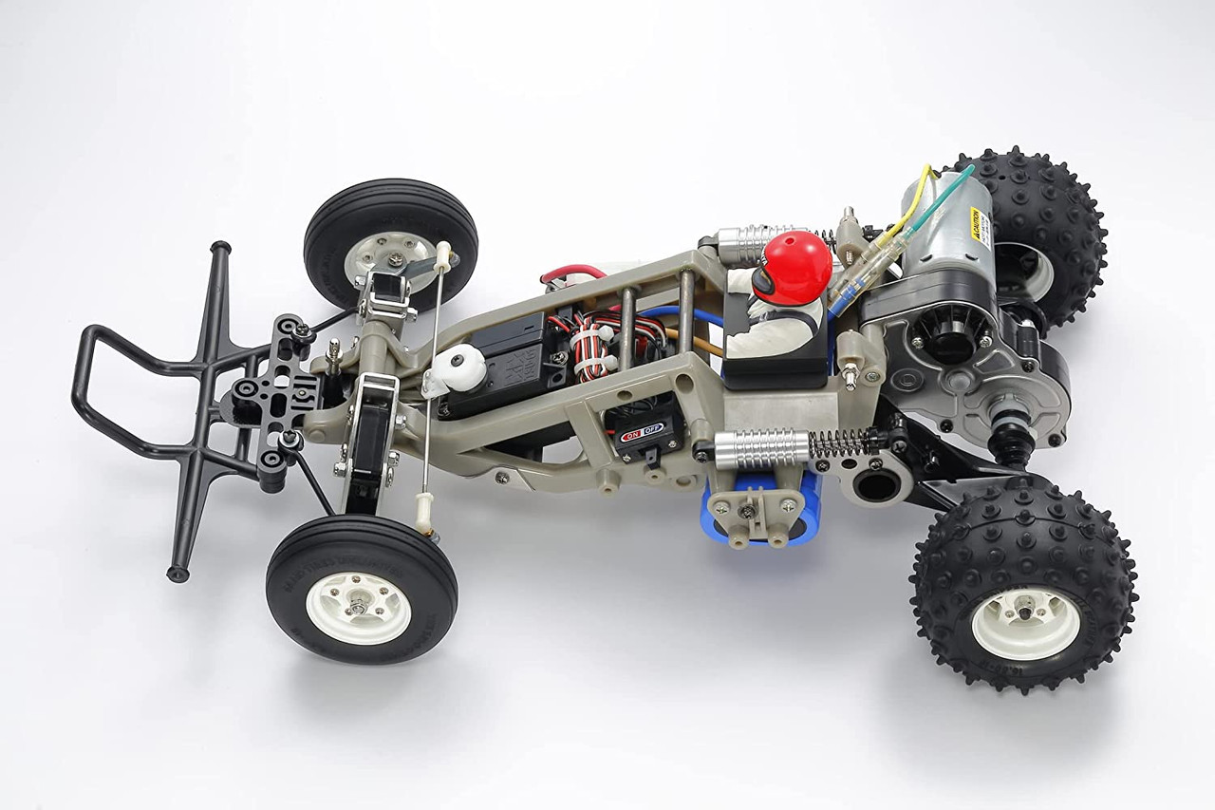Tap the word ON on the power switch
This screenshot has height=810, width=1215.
point(629,433)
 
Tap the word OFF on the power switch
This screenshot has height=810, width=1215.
point(652,428)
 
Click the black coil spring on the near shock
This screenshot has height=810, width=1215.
point(845,443)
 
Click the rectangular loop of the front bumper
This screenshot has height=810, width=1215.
point(123,389)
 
